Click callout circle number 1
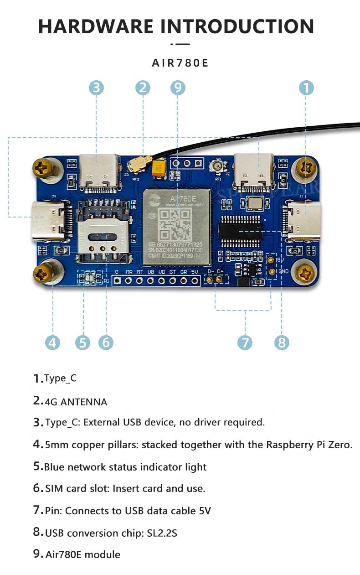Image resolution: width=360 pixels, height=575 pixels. pyautogui.click(x=307, y=88)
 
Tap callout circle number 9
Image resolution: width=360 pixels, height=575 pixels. pyautogui.click(x=178, y=88)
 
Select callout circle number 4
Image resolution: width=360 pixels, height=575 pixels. pyautogui.click(x=52, y=342)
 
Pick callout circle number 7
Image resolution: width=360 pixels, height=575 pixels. pyautogui.click(x=245, y=342)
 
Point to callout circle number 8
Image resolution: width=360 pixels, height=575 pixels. pyautogui.click(x=282, y=342)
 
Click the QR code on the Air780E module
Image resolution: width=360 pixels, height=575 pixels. pyautogui.click(x=177, y=226)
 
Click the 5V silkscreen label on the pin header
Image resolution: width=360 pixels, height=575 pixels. pyautogui.click(x=195, y=272)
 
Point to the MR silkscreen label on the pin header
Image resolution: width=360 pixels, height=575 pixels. pyautogui.click(x=129, y=272)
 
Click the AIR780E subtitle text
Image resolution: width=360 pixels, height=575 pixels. pyautogui.click(x=180, y=63)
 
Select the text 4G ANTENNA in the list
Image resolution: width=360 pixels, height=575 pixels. pyautogui.click(x=76, y=402)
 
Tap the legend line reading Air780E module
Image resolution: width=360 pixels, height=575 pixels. pyautogui.click(x=83, y=554)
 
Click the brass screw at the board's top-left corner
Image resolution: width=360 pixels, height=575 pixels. pyautogui.click(x=44, y=168)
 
